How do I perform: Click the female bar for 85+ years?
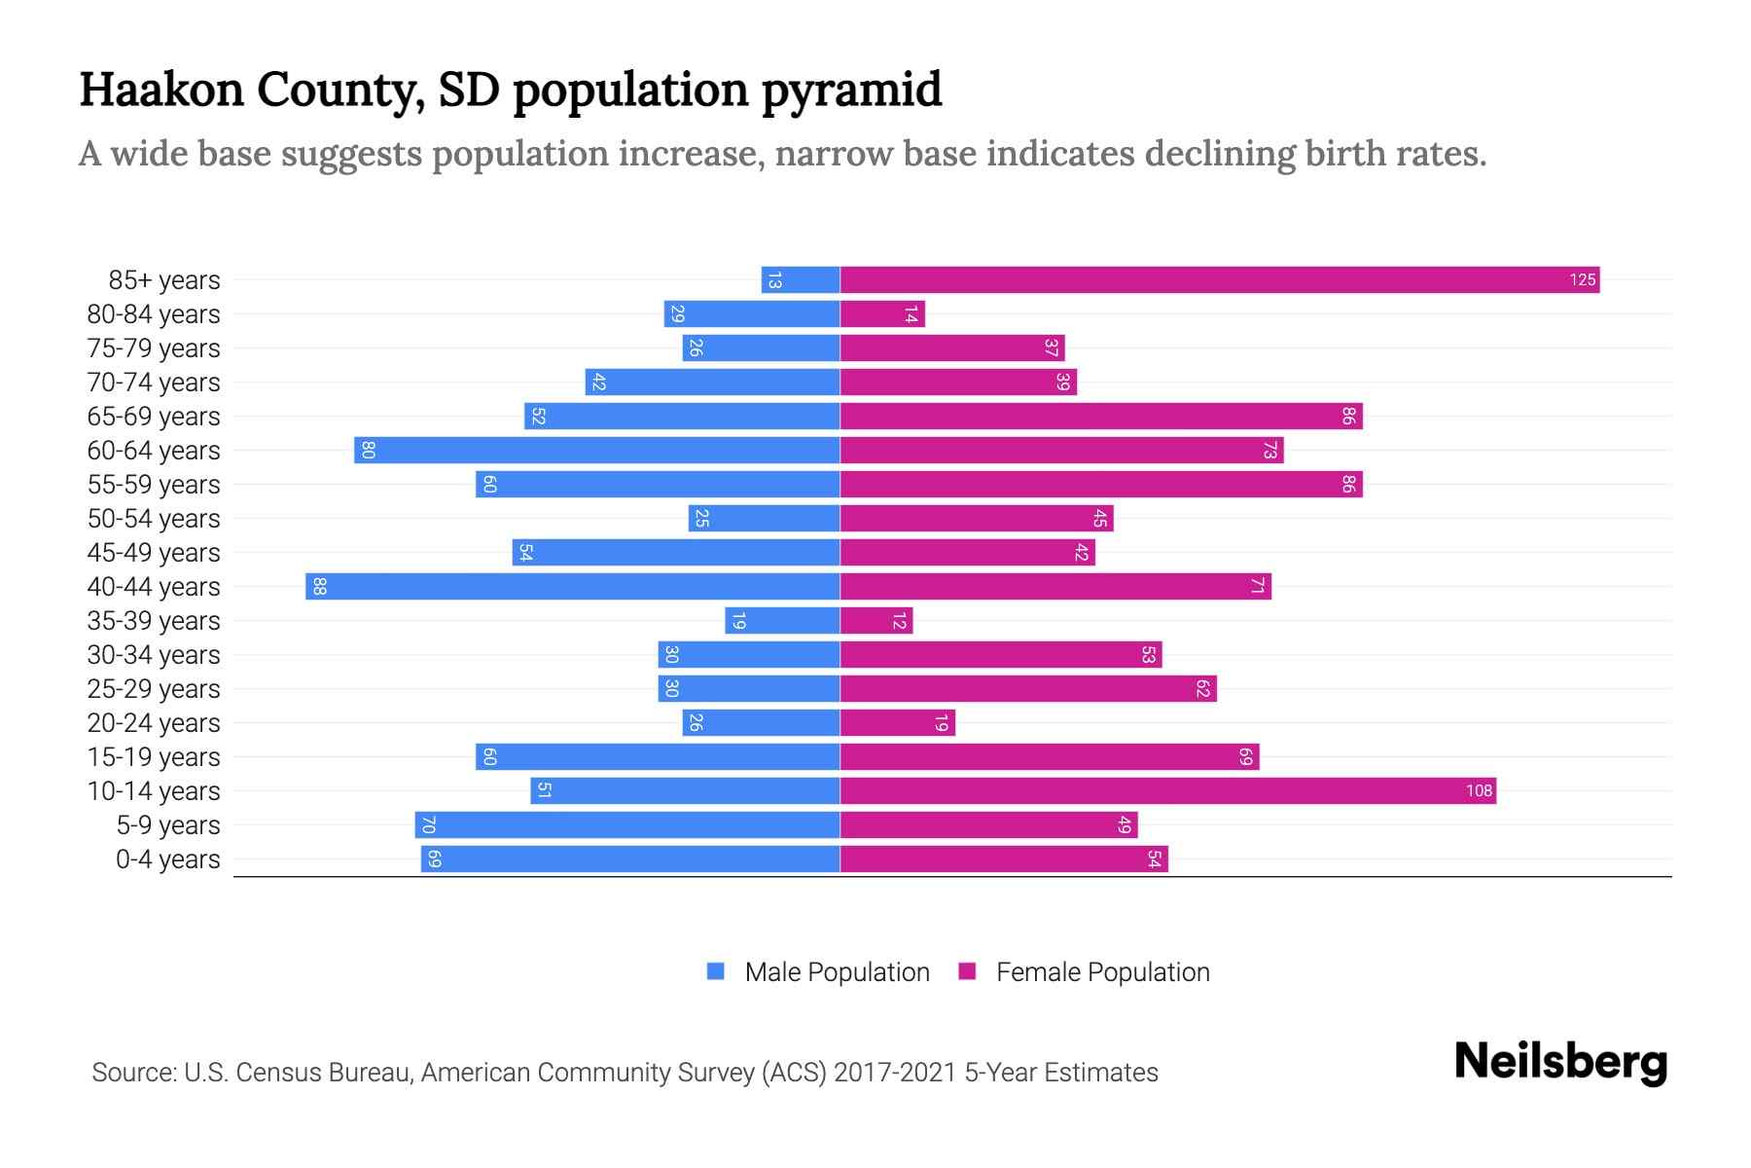click(x=1220, y=280)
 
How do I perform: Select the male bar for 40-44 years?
click(x=573, y=587)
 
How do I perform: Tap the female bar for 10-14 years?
click(x=1167, y=791)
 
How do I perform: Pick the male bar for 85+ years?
click(x=801, y=280)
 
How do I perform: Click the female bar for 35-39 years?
click(x=876, y=621)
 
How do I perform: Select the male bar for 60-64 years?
click(x=597, y=451)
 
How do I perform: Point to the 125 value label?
click(x=1582, y=280)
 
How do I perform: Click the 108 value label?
click(x=1479, y=791)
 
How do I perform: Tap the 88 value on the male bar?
click(x=319, y=587)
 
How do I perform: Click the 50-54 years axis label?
click(x=154, y=519)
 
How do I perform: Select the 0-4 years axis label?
click(x=167, y=859)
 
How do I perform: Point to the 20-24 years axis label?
click(x=154, y=723)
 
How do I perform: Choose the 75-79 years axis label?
click(x=154, y=348)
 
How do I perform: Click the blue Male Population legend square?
click(x=716, y=971)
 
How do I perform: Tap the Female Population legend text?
click(x=1102, y=972)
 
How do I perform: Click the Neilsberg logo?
click(x=1560, y=1062)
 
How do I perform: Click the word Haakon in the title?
click(x=161, y=90)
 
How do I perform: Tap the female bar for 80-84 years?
click(x=882, y=314)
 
